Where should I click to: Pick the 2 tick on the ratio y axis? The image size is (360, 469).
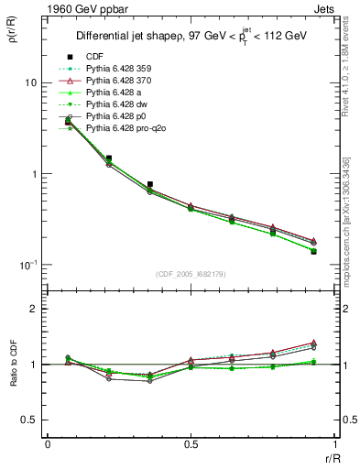click(x=35, y=309)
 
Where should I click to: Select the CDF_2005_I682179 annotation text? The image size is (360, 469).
click(x=191, y=274)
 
